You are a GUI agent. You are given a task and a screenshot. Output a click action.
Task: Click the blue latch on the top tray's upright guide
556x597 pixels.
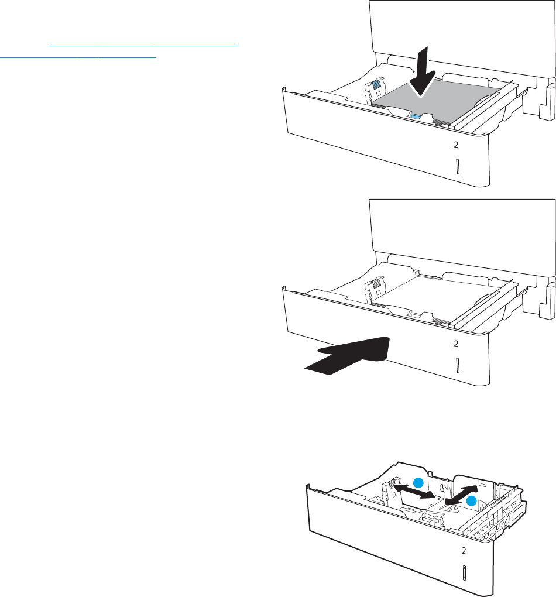376,84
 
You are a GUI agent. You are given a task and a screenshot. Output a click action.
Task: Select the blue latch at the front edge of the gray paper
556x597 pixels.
416,116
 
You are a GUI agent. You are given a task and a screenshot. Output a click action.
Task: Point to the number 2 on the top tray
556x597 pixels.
455,145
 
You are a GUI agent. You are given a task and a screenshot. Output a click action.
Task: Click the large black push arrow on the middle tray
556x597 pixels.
347,356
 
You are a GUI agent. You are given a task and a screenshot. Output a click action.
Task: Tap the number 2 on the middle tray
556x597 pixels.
455,344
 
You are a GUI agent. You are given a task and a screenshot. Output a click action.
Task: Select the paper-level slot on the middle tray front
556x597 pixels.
457,365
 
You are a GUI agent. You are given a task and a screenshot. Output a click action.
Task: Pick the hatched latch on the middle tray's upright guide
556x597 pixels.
376,284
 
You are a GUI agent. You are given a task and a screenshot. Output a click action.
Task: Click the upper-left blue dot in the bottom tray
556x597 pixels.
418,483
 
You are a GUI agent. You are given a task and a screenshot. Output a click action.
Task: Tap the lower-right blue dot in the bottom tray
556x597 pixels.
472,501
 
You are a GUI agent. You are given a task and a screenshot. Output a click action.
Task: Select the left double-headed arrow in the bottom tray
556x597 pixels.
414,490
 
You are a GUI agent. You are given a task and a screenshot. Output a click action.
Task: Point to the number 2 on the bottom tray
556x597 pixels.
464,551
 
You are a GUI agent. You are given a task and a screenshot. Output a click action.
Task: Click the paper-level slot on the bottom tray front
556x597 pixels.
464,573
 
